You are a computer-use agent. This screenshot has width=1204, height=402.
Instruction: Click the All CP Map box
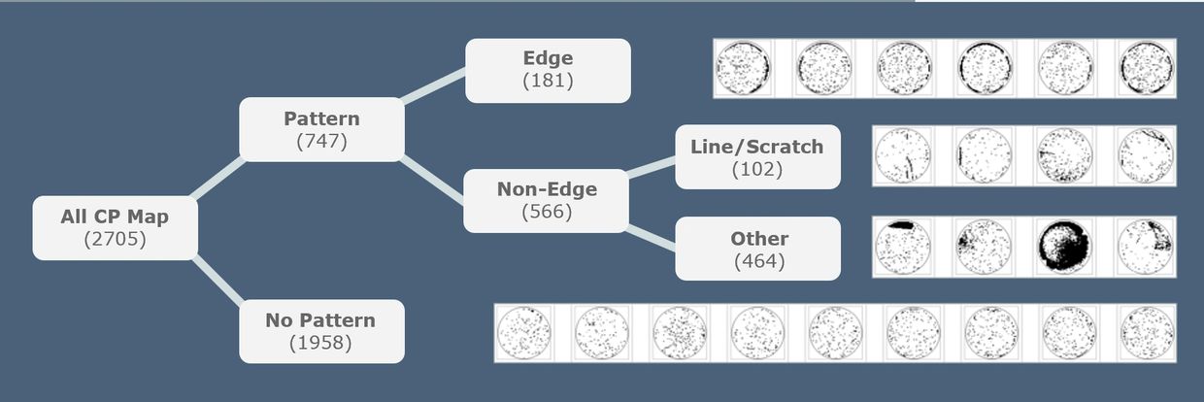pyautogui.click(x=115, y=227)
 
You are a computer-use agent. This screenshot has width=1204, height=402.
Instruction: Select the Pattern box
pyautogui.click(x=321, y=129)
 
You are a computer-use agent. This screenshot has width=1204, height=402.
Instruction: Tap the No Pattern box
pyautogui.click(x=321, y=330)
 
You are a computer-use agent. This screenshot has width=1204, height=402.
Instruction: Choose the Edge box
pyautogui.click(x=548, y=70)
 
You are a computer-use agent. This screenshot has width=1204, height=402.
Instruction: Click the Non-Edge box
pyautogui.click(x=547, y=200)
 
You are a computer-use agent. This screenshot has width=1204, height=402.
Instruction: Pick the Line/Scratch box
pyautogui.click(x=756, y=156)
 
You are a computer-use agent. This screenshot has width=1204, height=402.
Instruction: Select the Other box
pyautogui.click(x=757, y=248)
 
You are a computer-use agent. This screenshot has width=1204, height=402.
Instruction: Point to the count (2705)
pyautogui.click(x=115, y=238)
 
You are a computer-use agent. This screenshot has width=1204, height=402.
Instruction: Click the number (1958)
pyautogui.click(x=320, y=342)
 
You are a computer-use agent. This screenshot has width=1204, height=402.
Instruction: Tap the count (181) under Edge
pyautogui.click(x=548, y=81)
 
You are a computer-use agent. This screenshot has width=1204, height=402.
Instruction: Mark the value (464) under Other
pyautogui.click(x=758, y=260)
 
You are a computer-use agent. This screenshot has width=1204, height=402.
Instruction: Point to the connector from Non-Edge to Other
pyautogui.click(x=652, y=237)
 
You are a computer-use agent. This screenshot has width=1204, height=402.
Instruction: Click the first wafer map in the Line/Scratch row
pyautogui.click(x=903, y=155)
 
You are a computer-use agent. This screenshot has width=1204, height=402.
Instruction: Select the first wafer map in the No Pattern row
pyautogui.click(x=524, y=333)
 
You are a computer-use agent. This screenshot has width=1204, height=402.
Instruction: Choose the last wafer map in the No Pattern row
pyautogui.click(x=1147, y=333)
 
